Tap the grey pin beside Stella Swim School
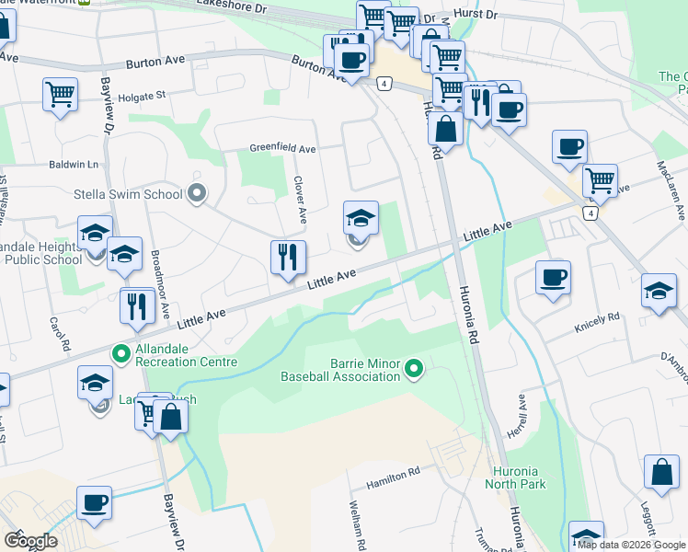click(x=196, y=193)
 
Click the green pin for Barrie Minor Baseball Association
click(x=414, y=370)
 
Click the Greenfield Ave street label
click(x=283, y=148)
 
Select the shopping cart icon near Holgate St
click(x=60, y=92)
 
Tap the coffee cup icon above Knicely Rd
click(x=553, y=277)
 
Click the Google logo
click(x=29, y=541)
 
